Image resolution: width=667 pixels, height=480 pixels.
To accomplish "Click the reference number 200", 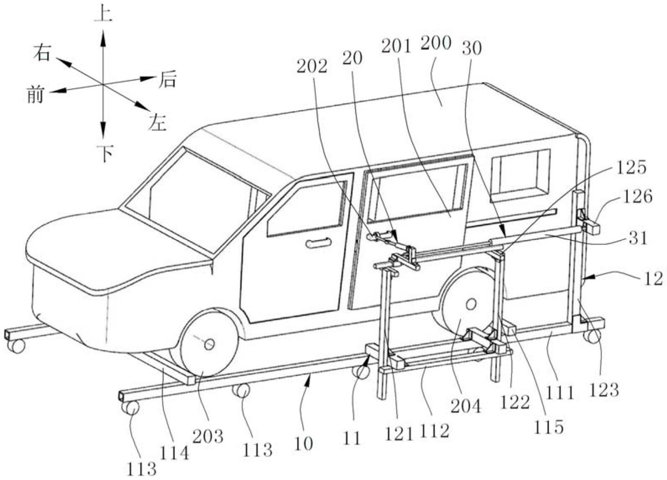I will click(436, 44).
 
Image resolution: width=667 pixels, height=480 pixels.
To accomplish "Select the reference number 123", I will click(603, 390).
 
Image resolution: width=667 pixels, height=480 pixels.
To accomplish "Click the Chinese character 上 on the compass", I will click(103, 15).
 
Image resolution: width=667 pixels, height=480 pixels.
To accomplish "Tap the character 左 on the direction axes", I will click(157, 123).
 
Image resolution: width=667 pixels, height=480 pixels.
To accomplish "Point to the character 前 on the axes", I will click(35, 95).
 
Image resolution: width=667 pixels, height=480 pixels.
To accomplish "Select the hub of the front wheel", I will click(209, 344).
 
